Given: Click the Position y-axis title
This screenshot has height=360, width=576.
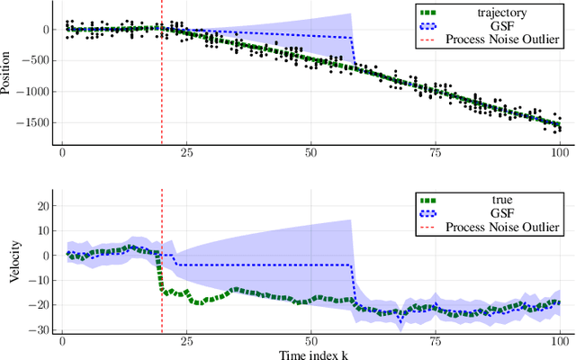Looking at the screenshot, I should coord(8,74).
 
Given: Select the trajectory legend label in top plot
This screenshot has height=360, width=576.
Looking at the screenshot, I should coord(492,13).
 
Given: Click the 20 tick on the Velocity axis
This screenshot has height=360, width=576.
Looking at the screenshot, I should coord(40,206).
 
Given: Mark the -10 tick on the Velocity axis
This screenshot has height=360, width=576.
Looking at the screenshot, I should coord(37,281).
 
